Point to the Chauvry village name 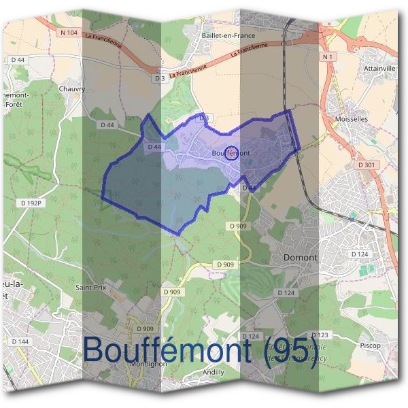coord(71,88)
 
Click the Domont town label coord(300,258)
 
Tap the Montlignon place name coord(148,363)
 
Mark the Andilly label coord(214,373)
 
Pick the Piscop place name coord(369,345)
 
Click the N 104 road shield coord(69,33)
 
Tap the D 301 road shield coord(366,165)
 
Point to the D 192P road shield coord(31,203)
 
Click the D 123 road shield coord(320,335)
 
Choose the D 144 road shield coord(21,341)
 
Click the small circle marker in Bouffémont coord(231,152)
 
